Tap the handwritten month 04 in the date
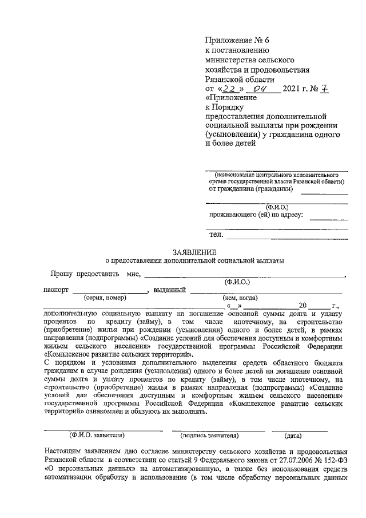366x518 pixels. point(260,89)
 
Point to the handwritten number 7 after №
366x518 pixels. point(325,89)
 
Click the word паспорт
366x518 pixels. point(55,290)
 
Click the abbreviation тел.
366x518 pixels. point(216,235)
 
